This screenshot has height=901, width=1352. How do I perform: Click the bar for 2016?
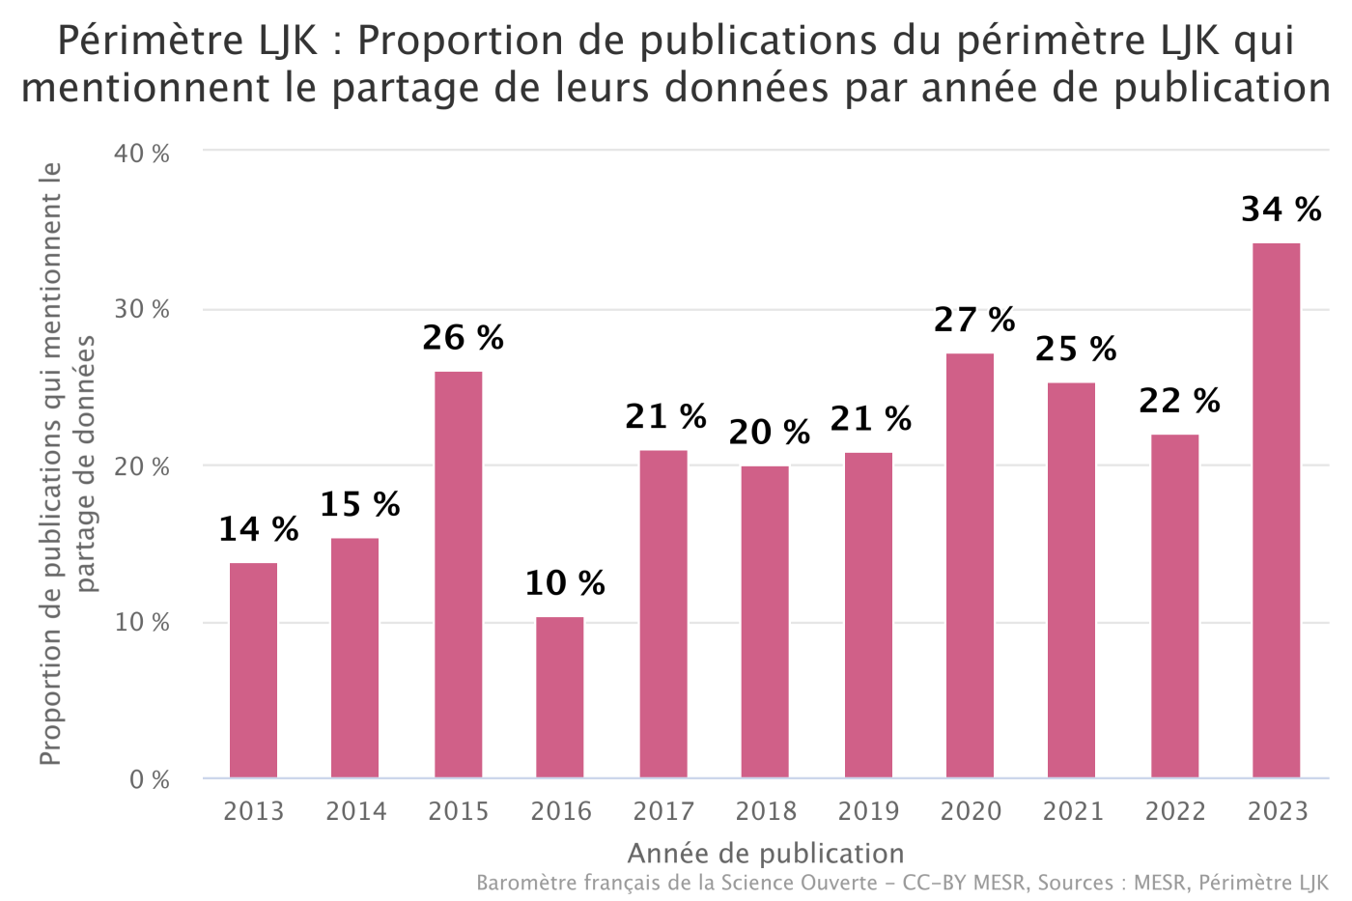coord(560,697)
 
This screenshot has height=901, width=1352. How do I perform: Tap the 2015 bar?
coord(458,575)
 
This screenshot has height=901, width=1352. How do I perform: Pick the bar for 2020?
coord(970,565)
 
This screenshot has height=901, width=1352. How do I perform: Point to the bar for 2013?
coord(253,670)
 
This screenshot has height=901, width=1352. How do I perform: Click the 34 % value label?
coord(1281,209)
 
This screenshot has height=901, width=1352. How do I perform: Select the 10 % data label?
coord(565,582)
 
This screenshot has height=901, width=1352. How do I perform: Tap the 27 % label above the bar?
coord(974,319)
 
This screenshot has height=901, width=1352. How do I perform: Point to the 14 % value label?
coord(258,528)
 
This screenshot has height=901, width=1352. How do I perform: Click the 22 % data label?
coord(1179,400)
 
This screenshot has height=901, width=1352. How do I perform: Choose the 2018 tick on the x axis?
coord(766,811)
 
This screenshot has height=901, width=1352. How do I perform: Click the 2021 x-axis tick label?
coord(1072,811)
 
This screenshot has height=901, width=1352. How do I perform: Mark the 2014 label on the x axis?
coord(355,811)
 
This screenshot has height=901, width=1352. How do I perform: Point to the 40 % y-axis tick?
coord(142,154)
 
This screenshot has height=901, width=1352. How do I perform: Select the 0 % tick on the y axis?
coord(150,779)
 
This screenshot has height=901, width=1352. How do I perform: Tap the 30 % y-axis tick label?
coord(142,310)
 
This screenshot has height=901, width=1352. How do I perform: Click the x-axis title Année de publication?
coord(766,854)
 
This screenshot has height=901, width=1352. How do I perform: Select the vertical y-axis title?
coord(68,464)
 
